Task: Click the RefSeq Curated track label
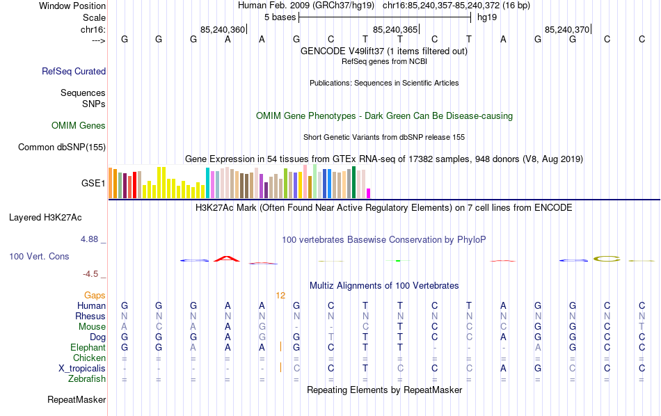click(74, 71)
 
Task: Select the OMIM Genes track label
click(79, 126)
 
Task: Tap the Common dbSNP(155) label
click(62, 147)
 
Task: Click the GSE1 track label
click(93, 184)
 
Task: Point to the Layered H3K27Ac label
click(57, 217)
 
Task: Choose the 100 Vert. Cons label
click(39, 257)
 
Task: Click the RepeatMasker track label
click(77, 400)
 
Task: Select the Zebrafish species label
click(87, 379)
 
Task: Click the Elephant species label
click(88, 347)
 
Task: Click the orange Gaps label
click(95, 295)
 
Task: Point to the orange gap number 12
click(280, 295)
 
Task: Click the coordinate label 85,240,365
click(395, 29)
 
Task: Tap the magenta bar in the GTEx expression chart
click(369, 193)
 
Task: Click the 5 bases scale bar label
click(280, 17)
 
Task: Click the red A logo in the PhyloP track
click(227, 259)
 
